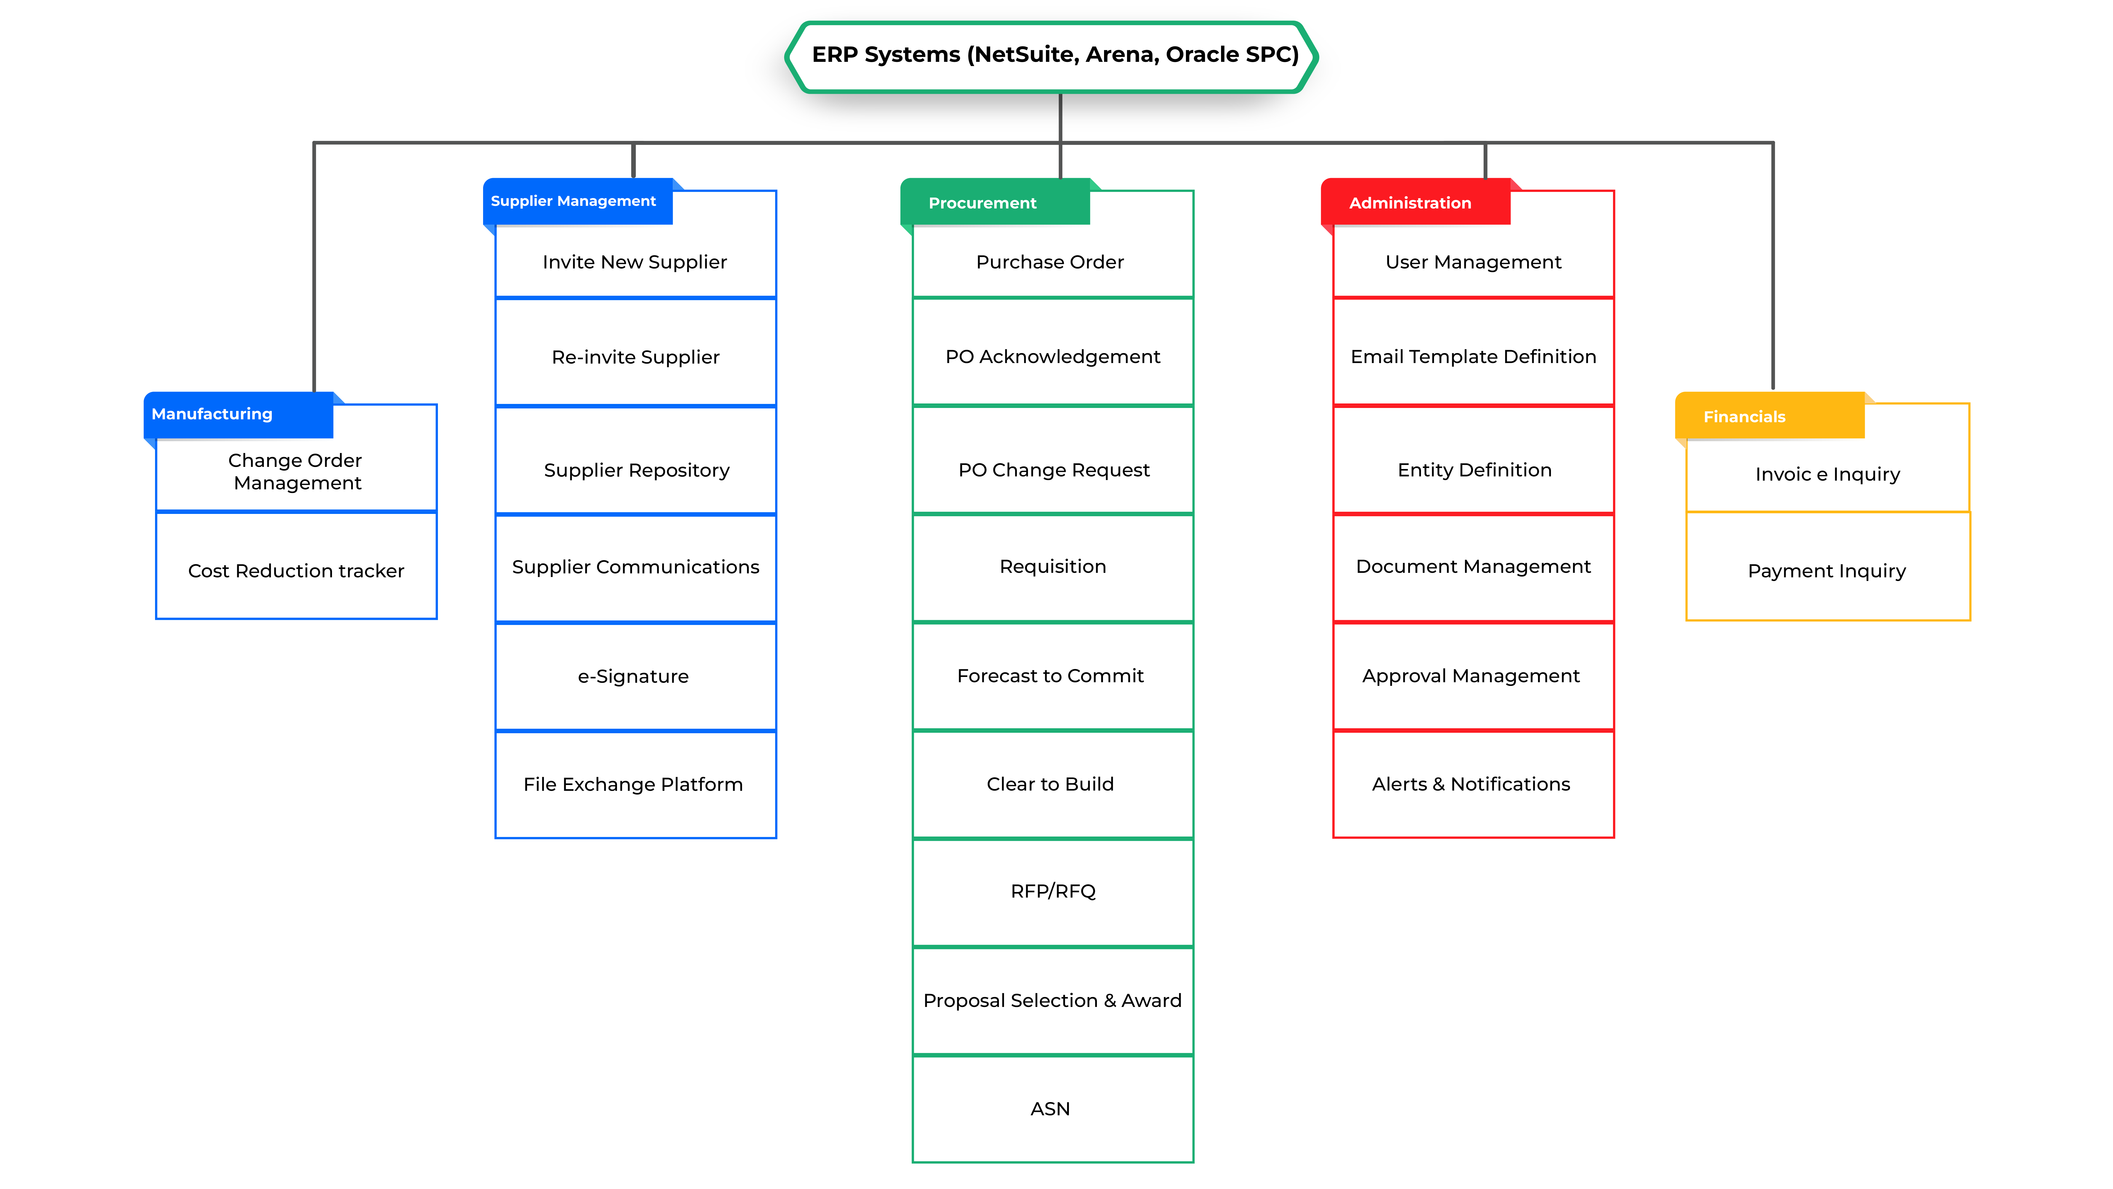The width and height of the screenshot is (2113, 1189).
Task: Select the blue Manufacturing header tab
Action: coord(239,414)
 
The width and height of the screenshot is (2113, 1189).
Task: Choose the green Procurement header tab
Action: coord(995,202)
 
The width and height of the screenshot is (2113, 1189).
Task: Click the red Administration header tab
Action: coord(1416,202)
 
